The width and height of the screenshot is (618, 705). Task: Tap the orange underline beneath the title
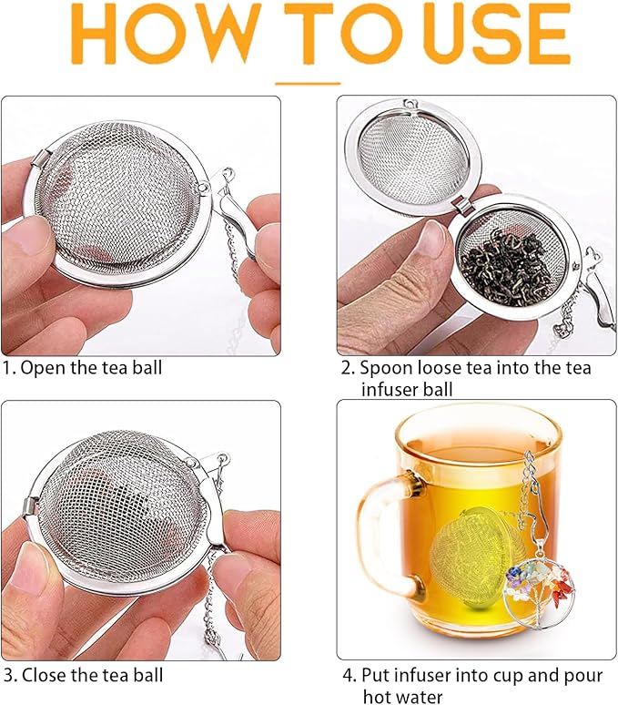tap(308, 82)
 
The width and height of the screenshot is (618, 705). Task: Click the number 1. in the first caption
tap(9, 368)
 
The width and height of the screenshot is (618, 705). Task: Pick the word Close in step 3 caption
tap(42, 676)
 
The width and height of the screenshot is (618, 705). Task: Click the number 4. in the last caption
tap(349, 676)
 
